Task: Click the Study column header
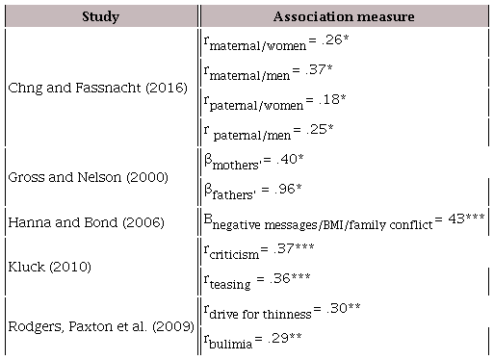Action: point(100,16)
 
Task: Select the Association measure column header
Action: point(344,16)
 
